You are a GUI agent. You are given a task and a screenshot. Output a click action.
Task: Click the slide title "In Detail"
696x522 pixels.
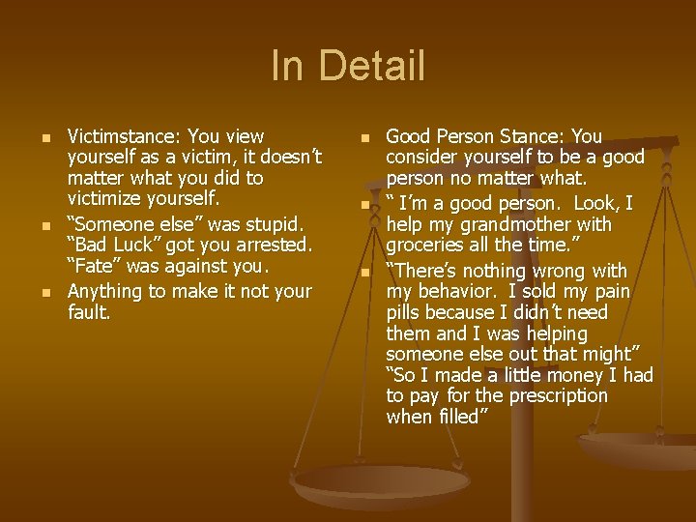coord(348,67)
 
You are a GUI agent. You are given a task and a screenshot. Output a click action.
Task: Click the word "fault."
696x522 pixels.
coord(91,312)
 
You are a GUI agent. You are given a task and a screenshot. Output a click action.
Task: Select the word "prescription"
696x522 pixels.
coord(550,395)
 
